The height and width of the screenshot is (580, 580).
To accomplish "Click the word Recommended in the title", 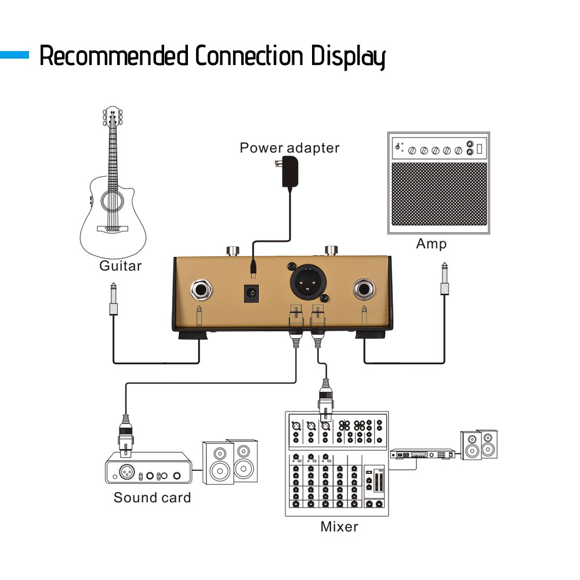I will tap(114, 57).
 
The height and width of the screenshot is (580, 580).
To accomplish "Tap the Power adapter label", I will tap(289, 148).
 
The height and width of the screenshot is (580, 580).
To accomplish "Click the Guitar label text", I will tap(120, 266).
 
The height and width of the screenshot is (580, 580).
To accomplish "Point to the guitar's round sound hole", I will tap(112, 201).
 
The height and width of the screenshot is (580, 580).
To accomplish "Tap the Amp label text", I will tap(431, 244).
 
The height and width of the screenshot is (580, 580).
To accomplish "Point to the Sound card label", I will tap(152, 497).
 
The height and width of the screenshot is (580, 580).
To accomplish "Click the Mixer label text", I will tap(339, 527).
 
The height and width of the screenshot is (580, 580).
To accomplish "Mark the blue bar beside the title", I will tap(14, 56).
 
